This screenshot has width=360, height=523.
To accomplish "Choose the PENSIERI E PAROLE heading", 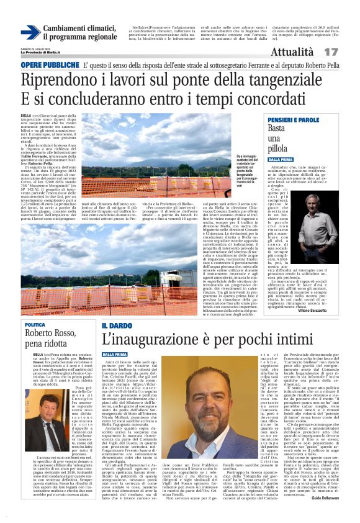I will tap(293, 119).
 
